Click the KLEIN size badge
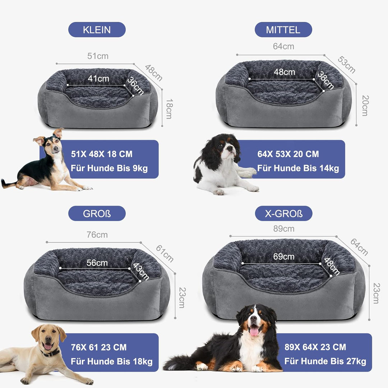(x=97, y=29)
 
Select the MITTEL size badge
(x=283, y=29)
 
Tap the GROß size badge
(x=97, y=213)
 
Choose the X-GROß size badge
(x=283, y=213)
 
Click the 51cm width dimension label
(x=98, y=56)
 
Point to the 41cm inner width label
(x=98, y=78)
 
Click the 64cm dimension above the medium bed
(x=283, y=46)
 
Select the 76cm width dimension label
(x=97, y=235)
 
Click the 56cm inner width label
(x=97, y=263)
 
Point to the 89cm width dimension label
(x=283, y=228)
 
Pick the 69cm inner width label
(x=283, y=257)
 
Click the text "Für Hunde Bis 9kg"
(x=109, y=168)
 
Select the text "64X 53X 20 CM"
(x=288, y=154)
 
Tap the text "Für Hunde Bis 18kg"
(x=112, y=361)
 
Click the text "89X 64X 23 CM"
(x=315, y=347)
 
